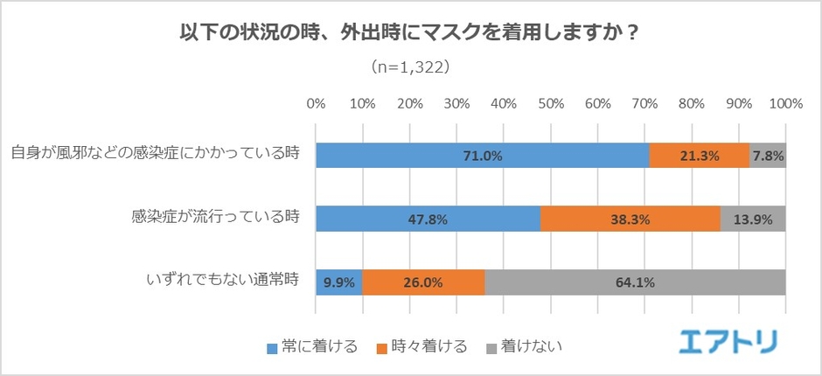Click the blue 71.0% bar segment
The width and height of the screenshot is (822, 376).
tap(482, 156)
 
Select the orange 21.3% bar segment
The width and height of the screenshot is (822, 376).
tap(699, 156)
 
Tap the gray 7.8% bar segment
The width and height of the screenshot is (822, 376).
tap(768, 156)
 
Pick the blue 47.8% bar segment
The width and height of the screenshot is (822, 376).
tap(428, 219)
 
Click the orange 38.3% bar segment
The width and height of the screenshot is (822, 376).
tap(630, 219)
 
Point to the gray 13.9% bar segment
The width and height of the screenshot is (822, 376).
tap(753, 219)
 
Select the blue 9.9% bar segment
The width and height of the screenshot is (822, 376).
tap(338, 282)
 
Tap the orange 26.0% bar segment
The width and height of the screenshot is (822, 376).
tap(423, 282)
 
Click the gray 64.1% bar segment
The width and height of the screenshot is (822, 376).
tap(635, 282)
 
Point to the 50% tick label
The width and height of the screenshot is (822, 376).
tap(551, 103)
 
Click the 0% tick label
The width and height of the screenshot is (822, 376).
tap(316, 103)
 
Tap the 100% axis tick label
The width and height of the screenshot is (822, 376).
tap(785, 103)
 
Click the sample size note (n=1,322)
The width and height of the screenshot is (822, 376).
tap(411, 66)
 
